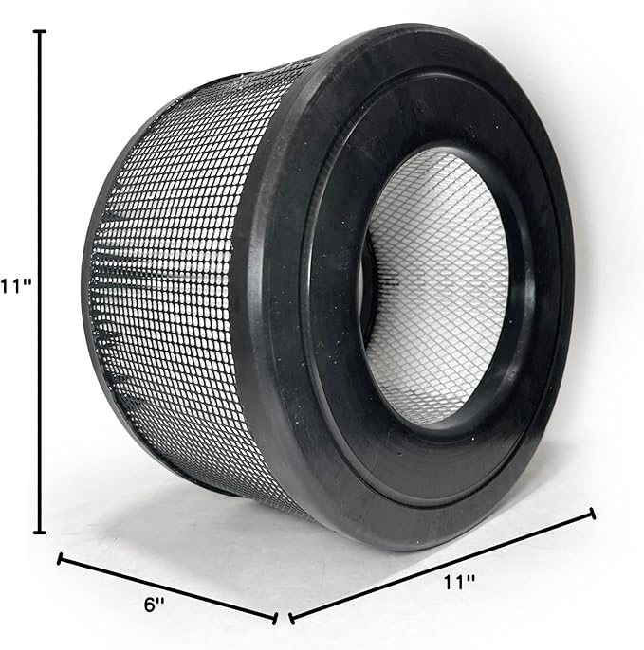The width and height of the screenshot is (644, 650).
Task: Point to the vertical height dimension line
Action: pos(40,284)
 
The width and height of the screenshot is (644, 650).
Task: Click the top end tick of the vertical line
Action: pos(40,32)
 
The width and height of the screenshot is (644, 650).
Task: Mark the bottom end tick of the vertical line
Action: pos(40,533)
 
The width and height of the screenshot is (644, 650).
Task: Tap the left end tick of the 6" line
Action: pos(61,559)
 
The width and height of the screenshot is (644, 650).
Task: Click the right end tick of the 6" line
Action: pos(275,619)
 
